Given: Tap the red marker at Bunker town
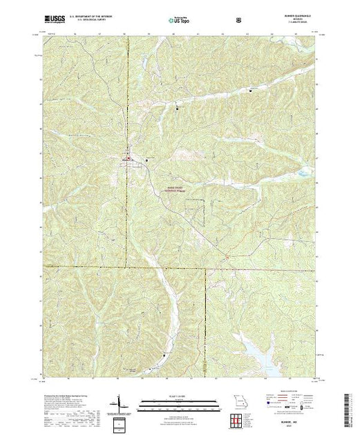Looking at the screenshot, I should (128, 159).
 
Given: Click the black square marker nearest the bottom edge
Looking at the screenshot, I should (164, 355).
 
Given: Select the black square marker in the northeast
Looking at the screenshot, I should (250, 89).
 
